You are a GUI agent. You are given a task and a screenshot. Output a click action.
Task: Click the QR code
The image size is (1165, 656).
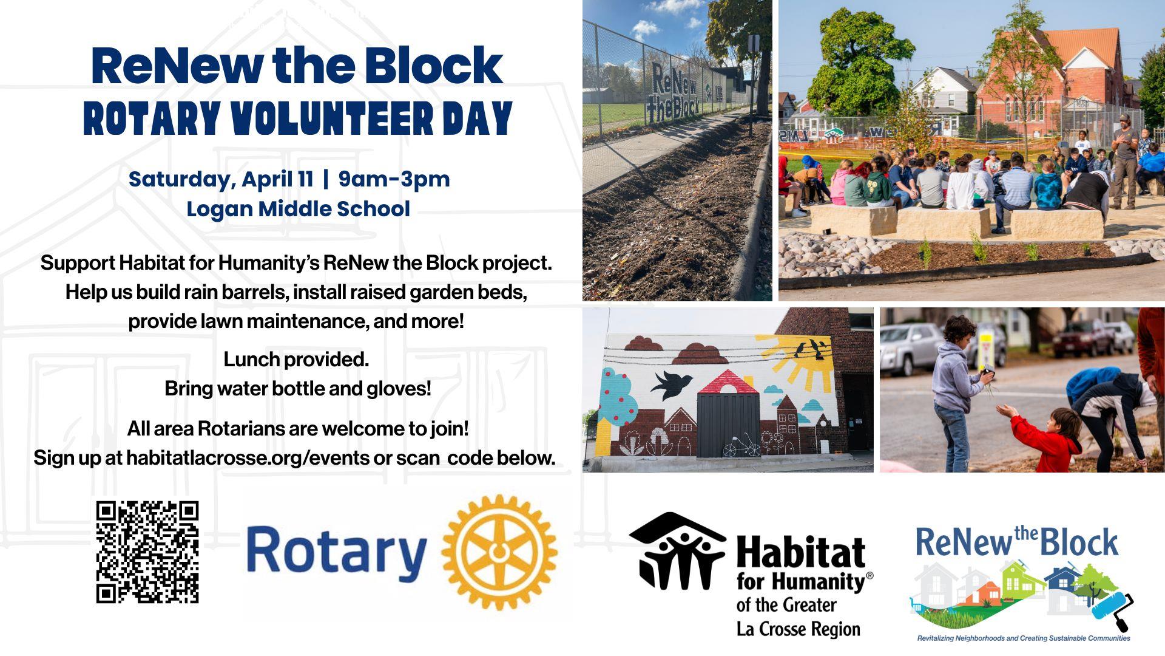[x=147, y=552]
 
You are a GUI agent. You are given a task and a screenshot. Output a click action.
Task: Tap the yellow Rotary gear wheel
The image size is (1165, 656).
[x=499, y=552]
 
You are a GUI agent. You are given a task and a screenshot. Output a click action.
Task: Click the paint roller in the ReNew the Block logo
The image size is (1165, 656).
[x=1113, y=607]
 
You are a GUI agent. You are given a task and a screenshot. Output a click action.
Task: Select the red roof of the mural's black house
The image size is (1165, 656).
[x=728, y=381]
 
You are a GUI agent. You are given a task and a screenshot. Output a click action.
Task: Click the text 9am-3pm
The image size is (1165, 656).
[x=394, y=179]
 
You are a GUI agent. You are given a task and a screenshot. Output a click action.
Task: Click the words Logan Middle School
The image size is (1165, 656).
[x=298, y=209]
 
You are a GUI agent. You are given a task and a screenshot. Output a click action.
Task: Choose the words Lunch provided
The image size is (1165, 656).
[x=296, y=360]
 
